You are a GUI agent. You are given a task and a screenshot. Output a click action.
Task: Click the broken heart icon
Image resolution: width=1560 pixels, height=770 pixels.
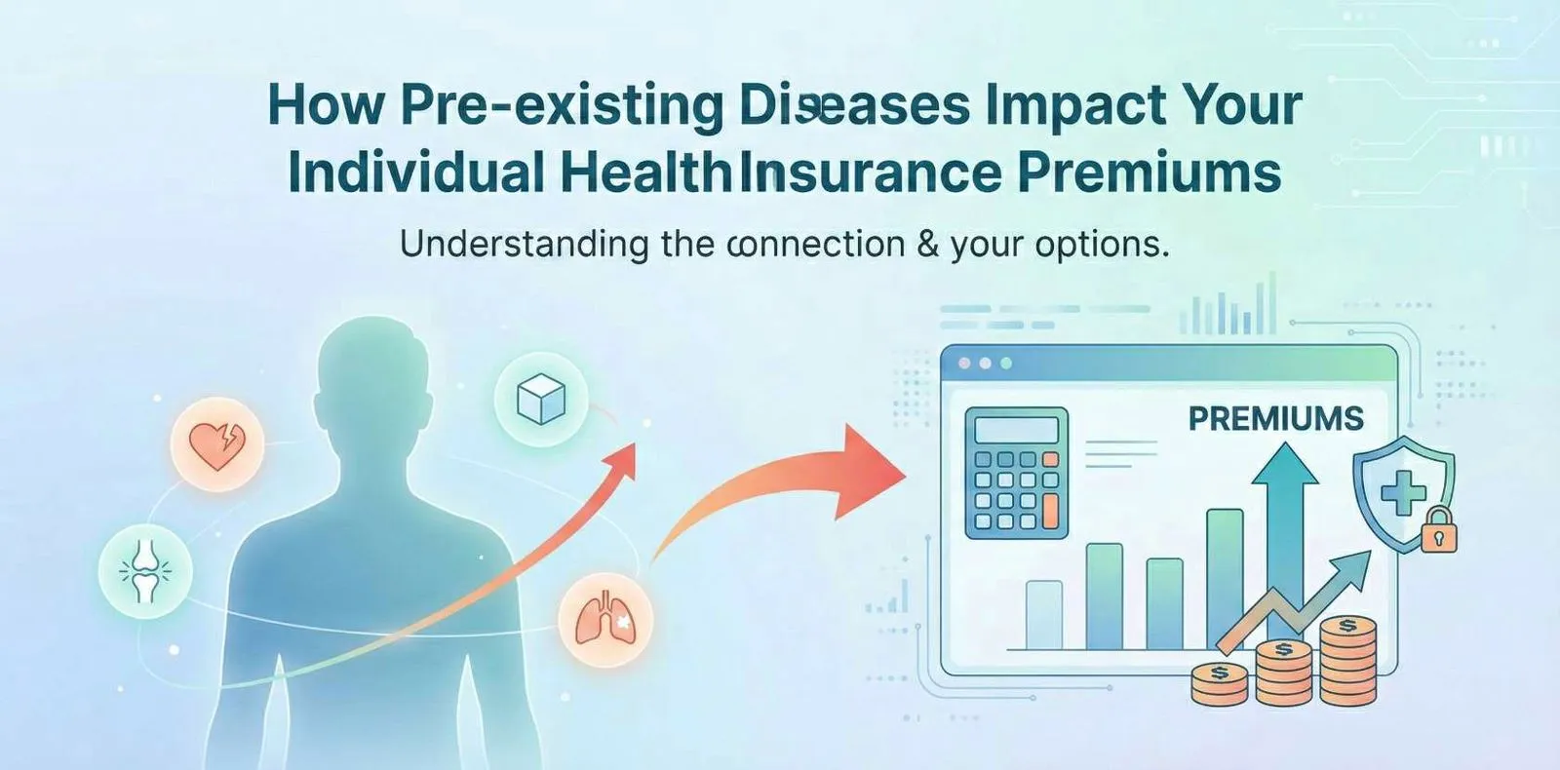[x=216, y=444]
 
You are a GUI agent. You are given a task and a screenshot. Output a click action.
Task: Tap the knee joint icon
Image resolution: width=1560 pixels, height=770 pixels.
[x=145, y=571]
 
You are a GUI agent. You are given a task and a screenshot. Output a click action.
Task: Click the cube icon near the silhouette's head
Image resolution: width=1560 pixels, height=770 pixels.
[x=541, y=400]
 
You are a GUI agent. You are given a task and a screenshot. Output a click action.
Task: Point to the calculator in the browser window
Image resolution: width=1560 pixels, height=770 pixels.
[x=1016, y=473]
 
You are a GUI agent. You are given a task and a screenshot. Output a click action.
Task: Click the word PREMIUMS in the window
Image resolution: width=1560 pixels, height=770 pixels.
[x=1275, y=419]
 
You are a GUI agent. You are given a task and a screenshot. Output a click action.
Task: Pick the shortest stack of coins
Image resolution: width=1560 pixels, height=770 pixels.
[x=1220, y=682]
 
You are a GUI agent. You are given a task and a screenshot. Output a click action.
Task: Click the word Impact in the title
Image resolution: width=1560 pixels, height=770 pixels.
[x=1073, y=105]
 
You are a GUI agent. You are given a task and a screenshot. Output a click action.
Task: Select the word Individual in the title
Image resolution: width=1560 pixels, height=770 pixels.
[x=415, y=173]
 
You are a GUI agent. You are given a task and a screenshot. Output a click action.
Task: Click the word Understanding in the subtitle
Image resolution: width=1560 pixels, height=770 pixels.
[x=524, y=244]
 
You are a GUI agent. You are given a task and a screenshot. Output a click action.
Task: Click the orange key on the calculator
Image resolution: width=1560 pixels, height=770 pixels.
[x=1050, y=510]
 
